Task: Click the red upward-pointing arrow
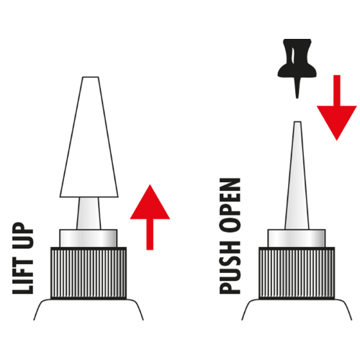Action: pyautogui.click(x=150, y=217)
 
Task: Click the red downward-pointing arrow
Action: pyautogui.click(x=337, y=108)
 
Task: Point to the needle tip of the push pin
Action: pyautogui.click(x=297, y=98)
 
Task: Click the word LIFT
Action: pyautogui.click(x=23, y=276)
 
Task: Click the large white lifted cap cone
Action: pyautogui.click(x=89, y=137)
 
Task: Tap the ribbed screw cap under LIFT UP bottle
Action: pyautogui.click(x=89, y=273)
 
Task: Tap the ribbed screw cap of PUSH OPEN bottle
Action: pyautogui.click(x=297, y=273)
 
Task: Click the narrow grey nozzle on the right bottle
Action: pyautogui.click(x=297, y=175)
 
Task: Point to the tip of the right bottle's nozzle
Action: pyautogui.click(x=297, y=122)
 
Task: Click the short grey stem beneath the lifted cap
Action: pyautogui.click(x=89, y=213)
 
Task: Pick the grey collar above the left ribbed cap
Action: pyautogui.click(x=89, y=238)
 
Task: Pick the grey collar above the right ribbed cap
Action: pyautogui.click(x=297, y=238)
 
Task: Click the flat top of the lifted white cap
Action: pyautogui.click(x=91, y=77)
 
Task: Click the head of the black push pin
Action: pyautogui.click(x=297, y=58)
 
